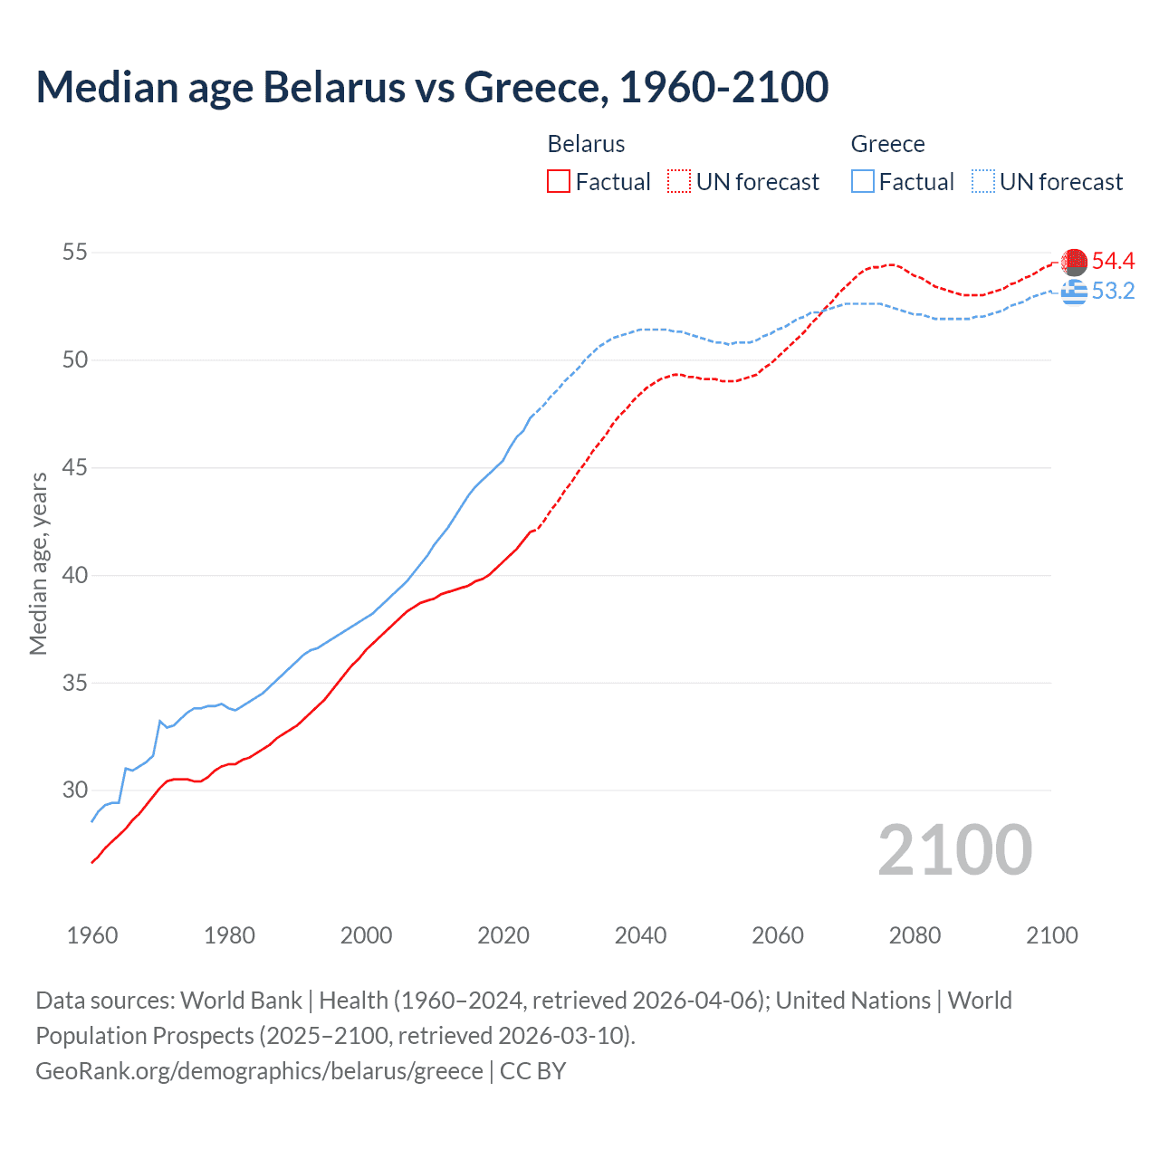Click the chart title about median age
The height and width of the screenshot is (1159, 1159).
[432, 88]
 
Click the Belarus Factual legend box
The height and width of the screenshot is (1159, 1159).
[559, 182]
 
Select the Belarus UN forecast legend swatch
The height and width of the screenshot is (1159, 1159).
[679, 182]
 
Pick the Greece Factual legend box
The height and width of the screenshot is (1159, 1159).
[863, 182]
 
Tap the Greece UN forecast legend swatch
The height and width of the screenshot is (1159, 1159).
[983, 182]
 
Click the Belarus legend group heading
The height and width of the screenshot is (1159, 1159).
[586, 144]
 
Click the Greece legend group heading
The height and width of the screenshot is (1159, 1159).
[887, 144]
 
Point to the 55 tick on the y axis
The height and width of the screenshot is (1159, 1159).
[75, 253]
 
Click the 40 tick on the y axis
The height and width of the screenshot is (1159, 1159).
[75, 575]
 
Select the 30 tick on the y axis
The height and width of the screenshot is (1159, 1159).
[75, 790]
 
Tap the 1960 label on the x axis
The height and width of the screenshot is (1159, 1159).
[92, 935]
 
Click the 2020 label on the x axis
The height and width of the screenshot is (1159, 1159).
[503, 935]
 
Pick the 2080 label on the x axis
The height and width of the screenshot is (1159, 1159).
[915, 935]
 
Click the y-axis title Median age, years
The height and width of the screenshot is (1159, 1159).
[38, 563]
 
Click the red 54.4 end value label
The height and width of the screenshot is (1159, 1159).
[1113, 262]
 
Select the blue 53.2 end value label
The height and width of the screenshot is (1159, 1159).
[1113, 292]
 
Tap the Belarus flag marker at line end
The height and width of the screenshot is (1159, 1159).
[1074, 262]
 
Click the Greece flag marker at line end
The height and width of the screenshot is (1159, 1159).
[1074, 292]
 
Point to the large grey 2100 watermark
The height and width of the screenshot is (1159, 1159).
[954, 849]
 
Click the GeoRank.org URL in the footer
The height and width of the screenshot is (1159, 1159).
[259, 1071]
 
